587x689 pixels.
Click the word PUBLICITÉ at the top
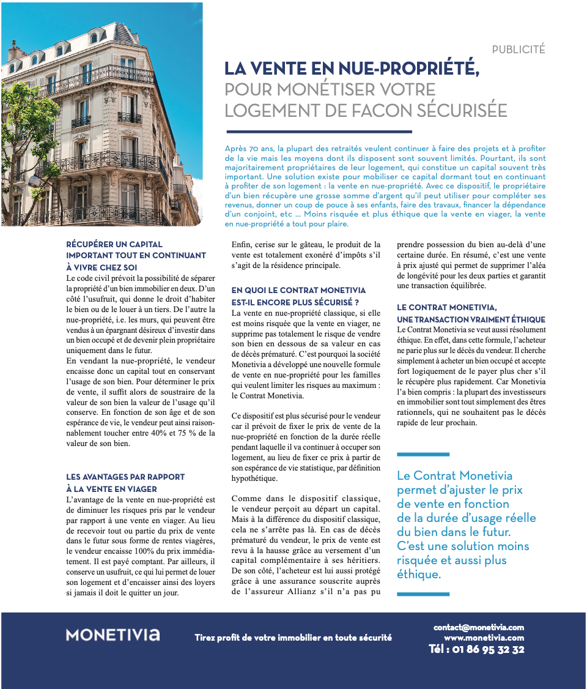518,50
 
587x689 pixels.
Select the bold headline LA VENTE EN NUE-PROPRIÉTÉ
352,69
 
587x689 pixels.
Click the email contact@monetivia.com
479,627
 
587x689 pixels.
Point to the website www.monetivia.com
484,638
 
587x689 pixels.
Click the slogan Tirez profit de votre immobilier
293,638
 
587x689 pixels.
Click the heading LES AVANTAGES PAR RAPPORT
125,477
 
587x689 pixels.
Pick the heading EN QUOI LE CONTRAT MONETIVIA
298,290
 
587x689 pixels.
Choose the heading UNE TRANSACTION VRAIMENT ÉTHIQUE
471,319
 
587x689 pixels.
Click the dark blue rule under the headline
319,132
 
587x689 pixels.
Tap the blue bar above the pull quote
423,454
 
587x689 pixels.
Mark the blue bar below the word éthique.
423,594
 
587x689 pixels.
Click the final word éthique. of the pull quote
418,574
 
